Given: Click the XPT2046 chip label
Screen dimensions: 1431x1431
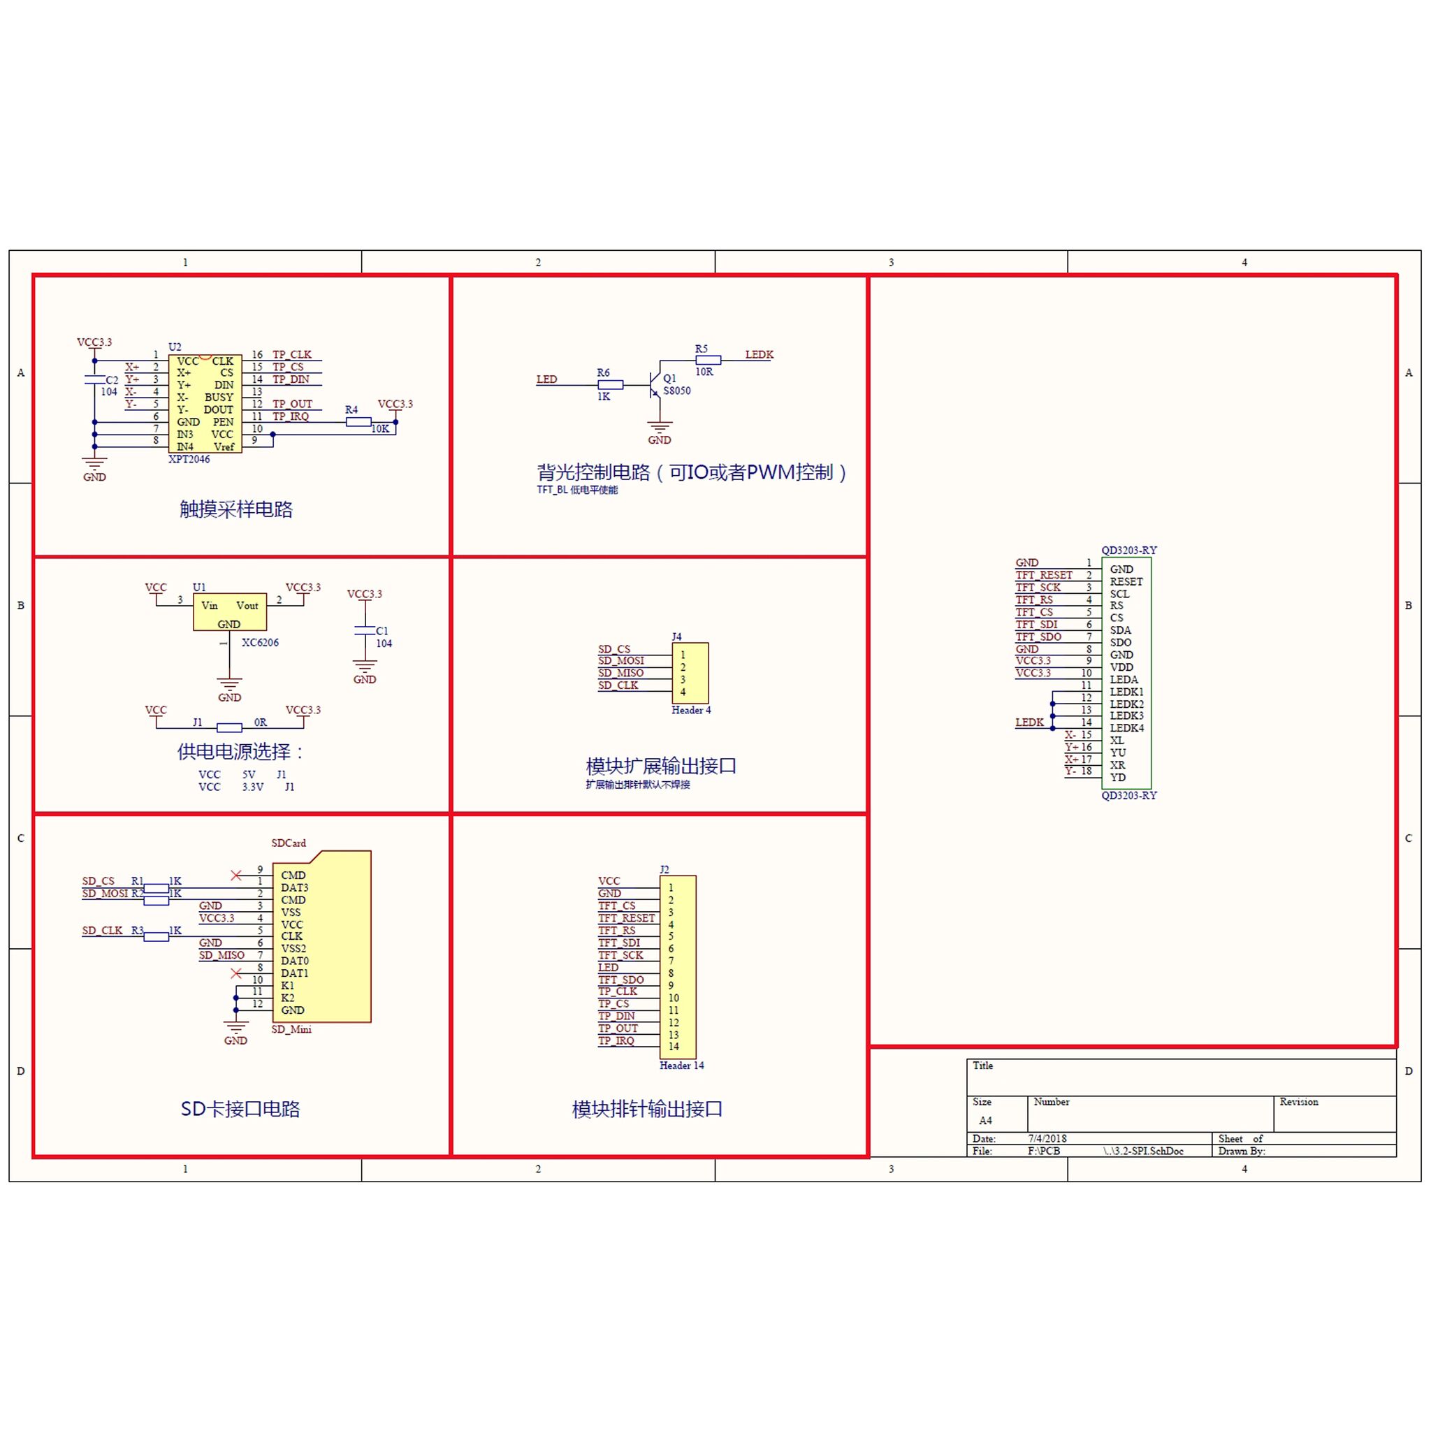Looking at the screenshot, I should coord(189,459).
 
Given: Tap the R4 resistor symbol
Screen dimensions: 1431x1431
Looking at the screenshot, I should coord(358,422).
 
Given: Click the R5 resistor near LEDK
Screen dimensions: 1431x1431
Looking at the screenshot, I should coord(708,360).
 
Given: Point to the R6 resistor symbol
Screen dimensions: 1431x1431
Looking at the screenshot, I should coord(610,384).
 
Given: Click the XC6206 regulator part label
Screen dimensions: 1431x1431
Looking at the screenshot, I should coord(260,642).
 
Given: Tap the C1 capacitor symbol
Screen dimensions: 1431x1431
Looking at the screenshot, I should coord(365,630).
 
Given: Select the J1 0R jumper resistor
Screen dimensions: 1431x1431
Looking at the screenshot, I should coord(230,727).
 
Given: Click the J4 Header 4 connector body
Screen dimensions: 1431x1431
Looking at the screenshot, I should coord(690,673).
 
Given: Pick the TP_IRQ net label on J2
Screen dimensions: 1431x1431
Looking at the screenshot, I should coord(616,1040).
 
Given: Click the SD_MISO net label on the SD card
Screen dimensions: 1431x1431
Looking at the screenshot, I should coord(221,955).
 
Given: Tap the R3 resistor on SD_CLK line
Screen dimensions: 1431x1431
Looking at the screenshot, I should coord(156,936).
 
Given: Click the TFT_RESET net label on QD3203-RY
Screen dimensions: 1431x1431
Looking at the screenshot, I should coord(1044,575).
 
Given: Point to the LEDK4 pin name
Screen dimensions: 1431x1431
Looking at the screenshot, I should coord(1126,728).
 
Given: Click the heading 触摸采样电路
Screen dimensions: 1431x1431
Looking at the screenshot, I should coord(235,509).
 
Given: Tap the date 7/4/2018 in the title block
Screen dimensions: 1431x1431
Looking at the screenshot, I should coord(1047,1138).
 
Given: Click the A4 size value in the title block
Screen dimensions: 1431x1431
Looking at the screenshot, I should coord(985,1121).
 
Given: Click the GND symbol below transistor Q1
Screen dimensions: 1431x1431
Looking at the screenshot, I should coord(659,429).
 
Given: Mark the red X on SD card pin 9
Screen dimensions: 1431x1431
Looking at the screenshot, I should coord(236,876).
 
